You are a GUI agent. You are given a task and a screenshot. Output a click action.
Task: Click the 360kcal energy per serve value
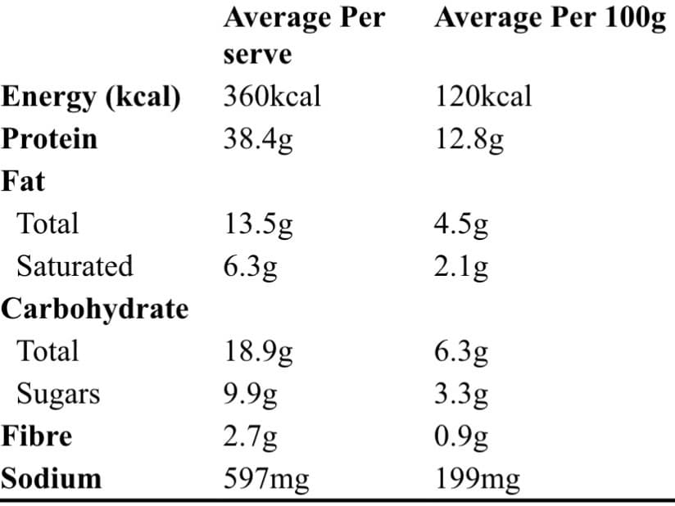point(272,97)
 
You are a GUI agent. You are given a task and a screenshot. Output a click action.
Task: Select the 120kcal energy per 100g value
point(483,97)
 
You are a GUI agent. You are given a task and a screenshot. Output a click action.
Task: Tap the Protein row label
point(49,139)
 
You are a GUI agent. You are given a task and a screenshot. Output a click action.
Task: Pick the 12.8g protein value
point(469,140)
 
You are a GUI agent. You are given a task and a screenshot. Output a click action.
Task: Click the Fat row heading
point(23,181)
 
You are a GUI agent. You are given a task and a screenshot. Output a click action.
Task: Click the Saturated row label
point(75,267)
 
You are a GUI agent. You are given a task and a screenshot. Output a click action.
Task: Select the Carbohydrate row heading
point(94,309)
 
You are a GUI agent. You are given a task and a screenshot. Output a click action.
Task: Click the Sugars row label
point(58,395)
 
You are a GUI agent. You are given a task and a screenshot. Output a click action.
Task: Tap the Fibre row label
point(36,436)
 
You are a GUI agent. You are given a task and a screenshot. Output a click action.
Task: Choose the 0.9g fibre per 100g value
point(462,437)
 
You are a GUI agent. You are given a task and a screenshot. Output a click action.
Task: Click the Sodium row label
point(51,478)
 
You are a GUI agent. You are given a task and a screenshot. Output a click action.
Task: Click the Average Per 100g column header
point(550,19)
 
